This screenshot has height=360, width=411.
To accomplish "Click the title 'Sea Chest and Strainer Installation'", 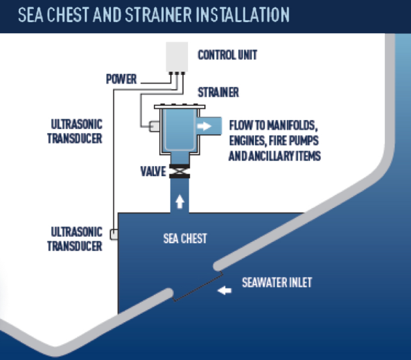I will click(153, 14).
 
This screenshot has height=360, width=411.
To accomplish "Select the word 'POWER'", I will click(121, 80).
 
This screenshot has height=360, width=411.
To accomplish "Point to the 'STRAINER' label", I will click(218, 93).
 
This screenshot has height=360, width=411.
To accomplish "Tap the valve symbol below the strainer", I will click(178, 172).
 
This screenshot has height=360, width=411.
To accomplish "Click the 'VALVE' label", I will click(150, 172).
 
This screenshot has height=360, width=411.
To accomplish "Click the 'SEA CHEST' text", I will click(185, 239).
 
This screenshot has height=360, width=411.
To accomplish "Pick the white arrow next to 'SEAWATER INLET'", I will click(225, 290).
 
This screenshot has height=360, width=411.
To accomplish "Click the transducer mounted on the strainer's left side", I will click(155, 126).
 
